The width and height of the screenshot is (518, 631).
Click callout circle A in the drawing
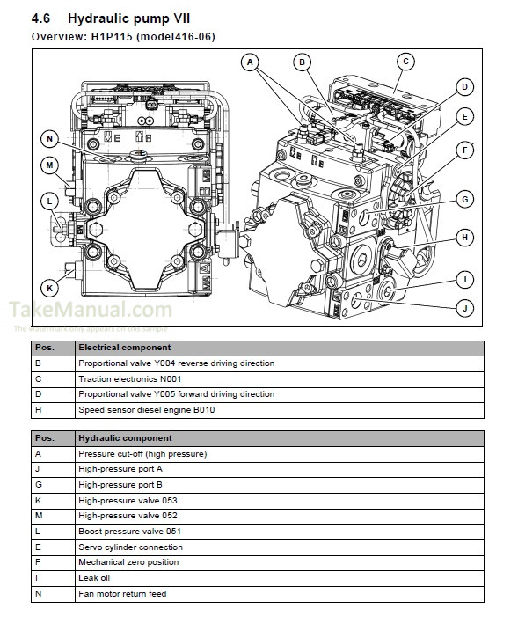click(x=250, y=62)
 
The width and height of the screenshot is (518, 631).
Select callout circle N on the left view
click(x=49, y=138)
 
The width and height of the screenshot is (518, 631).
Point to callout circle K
click(x=49, y=287)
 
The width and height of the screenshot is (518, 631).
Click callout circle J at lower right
click(x=464, y=307)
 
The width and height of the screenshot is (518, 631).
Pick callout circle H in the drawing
click(x=464, y=237)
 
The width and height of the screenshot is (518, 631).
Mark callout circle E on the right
click(x=464, y=116)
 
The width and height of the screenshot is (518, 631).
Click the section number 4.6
click(x=43, y=18)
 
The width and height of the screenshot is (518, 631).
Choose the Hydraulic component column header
click(x=125, y=437)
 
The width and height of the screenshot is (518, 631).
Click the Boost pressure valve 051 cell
click(x=129, y=531)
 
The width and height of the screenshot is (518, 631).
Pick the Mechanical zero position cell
click(x=128, y=562)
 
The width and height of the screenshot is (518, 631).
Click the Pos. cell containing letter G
click(x=38, y=484)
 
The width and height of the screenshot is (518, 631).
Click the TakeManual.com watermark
click(x=91, y=310)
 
